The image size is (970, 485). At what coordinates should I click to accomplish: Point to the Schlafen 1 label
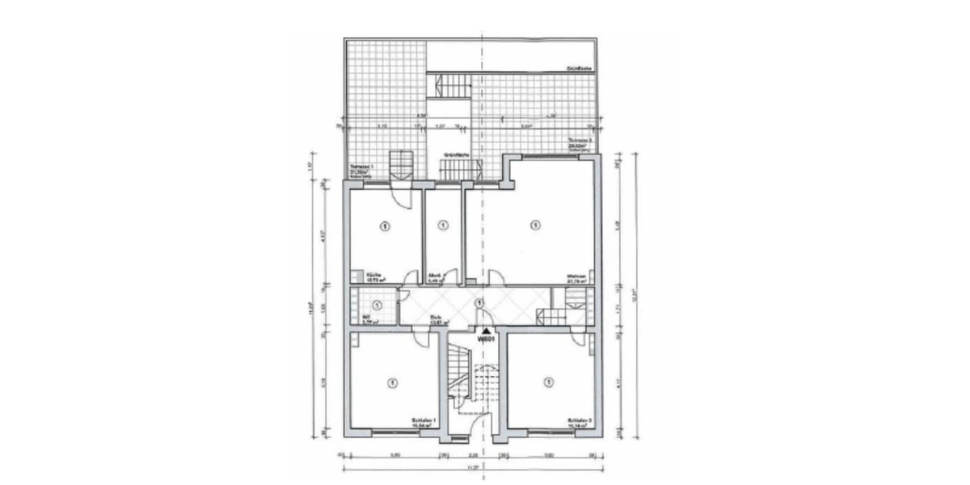coord(424,421)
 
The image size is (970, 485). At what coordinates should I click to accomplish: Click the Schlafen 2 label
coord(580,421)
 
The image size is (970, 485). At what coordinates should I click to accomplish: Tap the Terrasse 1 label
coord(359,169)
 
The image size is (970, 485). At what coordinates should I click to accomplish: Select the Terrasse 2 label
coord(580,141)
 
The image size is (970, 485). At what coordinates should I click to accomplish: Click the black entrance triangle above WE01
coord(485,331)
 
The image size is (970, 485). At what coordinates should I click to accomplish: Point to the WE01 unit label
coord(485,339)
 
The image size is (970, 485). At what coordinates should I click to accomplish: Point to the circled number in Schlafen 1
coord(391,381)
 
